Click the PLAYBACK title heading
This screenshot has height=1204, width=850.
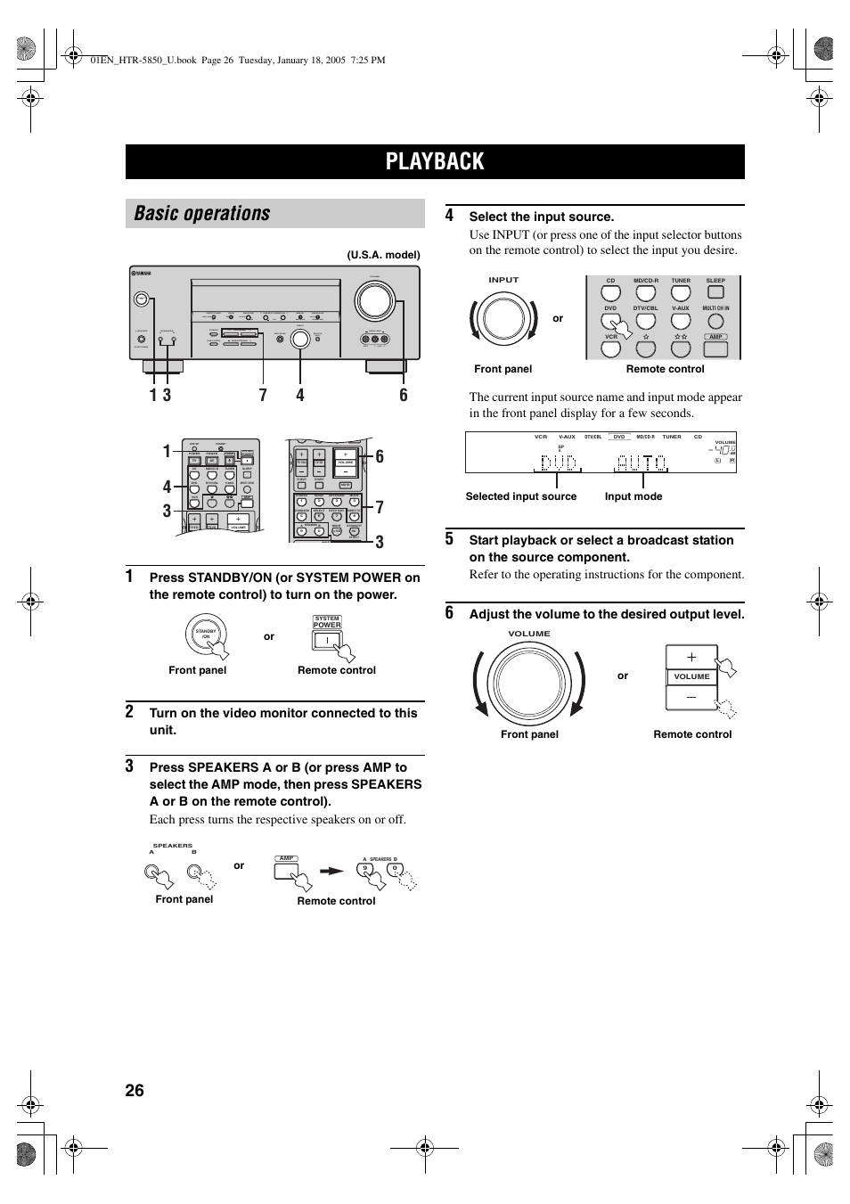tap(435, 161)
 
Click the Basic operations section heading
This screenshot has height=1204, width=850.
tap(202, 214)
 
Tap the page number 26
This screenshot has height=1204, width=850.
tap(135, 1091)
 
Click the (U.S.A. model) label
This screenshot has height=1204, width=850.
tap(383, 255)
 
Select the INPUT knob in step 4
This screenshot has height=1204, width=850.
tap(503, 318)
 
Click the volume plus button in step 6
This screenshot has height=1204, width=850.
tap(691, 657)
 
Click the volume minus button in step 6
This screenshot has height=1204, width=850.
tap(691, 697)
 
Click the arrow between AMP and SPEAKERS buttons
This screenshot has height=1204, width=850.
tap(332, 872)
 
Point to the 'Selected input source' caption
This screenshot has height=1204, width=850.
tap(520, 496)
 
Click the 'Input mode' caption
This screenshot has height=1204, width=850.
tap(633, 496)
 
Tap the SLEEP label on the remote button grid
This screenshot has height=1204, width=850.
tap(715, 281)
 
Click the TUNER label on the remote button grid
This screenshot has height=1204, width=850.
tap(681, 281)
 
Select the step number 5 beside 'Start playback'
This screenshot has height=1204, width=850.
tap(450, 539)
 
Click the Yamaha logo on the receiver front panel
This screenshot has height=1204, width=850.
tap(141, 274)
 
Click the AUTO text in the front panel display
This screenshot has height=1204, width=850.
tap(641, 463)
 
